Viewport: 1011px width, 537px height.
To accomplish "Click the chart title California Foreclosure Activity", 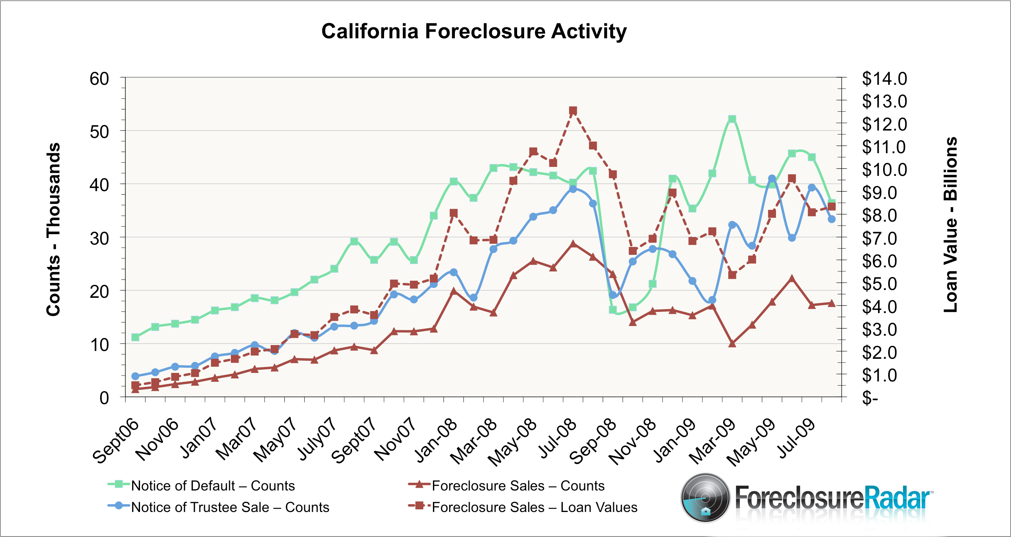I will coord(474,31).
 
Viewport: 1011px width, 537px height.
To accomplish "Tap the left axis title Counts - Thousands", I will coord(53,229).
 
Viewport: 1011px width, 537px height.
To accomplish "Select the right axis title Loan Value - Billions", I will coord(950,225).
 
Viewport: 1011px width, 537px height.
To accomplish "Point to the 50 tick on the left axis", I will coord(99,132).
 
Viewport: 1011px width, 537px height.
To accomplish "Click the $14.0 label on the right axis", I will coord(884,79).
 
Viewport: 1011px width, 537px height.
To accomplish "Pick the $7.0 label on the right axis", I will coord(879,238).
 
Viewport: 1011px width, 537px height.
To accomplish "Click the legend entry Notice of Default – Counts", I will coord(212,486).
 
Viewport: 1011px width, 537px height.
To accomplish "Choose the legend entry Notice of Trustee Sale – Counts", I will coord(230,507).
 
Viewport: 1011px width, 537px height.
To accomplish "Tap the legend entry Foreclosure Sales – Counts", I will coord(518,486).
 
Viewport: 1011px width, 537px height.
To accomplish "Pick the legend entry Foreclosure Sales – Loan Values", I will coord(534,507).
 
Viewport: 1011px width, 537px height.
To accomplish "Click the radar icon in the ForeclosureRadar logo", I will coord(705,498).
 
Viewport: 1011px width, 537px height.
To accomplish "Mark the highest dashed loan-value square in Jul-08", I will coord(573,111).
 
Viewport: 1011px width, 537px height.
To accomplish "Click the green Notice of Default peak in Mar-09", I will coord(732,119).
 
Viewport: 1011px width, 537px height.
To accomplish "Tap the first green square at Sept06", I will coord(135,337).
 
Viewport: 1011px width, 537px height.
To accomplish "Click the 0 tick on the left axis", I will coord(104,398).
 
